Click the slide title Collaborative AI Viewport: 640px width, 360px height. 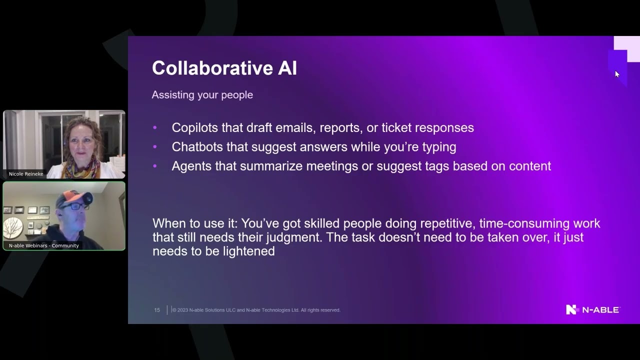[224, 68]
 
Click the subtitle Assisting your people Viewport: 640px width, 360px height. [202, 95]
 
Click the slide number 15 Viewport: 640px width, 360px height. [157, 310]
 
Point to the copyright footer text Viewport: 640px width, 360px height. [256, 310]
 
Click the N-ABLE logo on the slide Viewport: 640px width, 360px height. [592, 309]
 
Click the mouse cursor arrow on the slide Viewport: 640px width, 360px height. [617, 74]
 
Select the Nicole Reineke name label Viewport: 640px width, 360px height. [26, 174]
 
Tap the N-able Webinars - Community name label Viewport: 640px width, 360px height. [44, 245]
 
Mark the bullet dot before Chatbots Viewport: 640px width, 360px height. [155, 147]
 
